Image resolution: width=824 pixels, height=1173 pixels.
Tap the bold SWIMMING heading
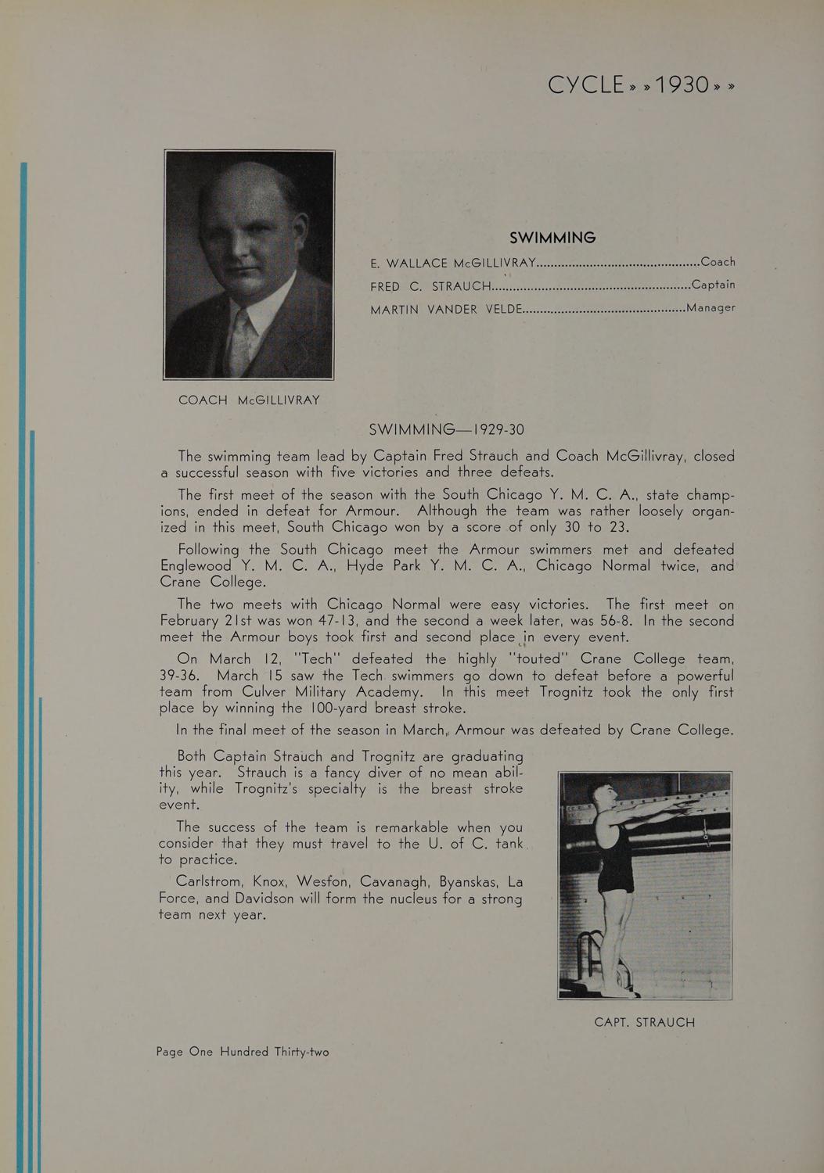[x=552, y=237]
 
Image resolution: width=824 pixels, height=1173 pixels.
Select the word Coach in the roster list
[x=718, y=262]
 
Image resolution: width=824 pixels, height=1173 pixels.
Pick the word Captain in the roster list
[x=713, y=285]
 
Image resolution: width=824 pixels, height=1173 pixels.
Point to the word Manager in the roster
[x=711, y=307]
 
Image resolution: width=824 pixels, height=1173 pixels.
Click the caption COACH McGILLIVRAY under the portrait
[x=249, y=400]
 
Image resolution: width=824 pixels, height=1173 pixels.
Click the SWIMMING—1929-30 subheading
[x=446, y=429]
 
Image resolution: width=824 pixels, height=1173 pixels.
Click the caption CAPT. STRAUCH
[x=644, y=1022]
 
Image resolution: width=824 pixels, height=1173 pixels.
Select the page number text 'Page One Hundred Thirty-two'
[x=243, y=1052]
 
